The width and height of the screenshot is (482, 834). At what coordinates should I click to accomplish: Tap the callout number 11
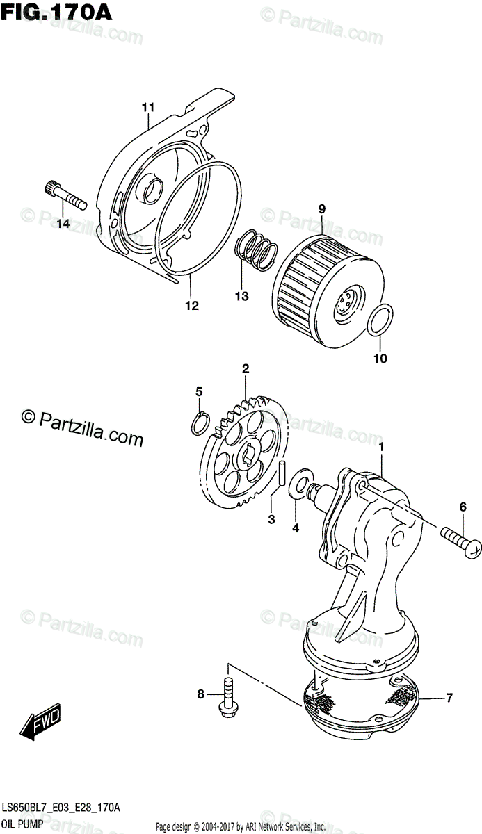click(x=147, y=107)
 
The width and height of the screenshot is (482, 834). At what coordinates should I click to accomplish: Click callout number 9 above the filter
click(x=322, y=208)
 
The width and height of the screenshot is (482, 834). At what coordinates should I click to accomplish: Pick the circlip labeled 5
click(x=200, y=424)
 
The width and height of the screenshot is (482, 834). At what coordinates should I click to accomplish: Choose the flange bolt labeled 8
click(x=227, y=696)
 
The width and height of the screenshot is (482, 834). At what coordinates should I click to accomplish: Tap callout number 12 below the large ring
click(x=191, y=305)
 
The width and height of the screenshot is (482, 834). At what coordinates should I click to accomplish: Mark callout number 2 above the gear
click(x=246, y=368)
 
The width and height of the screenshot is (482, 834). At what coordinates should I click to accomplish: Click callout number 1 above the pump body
click(x=381, y=443)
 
